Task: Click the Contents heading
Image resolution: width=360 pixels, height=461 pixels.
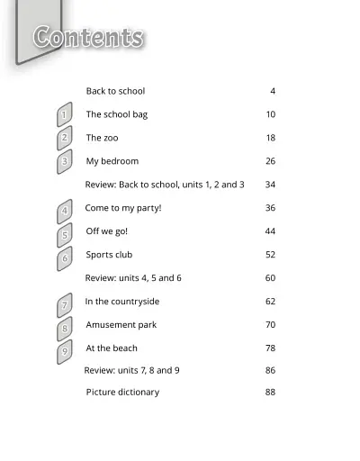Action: click(88, 38)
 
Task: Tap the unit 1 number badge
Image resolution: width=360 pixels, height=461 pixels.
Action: click(64, 115)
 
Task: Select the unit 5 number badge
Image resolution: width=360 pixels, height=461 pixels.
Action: click(65, 236)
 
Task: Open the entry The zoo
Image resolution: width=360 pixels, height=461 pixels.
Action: click(102, 138)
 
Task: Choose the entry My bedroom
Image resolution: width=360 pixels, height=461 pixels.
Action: click(112, 161)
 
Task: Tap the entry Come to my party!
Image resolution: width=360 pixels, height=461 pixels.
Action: click(123, 208)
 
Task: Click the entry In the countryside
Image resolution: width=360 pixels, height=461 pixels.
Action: click(122, 302)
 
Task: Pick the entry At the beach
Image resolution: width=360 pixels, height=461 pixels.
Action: click(112, 348)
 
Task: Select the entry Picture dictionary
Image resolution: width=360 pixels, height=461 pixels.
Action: click(122, 392)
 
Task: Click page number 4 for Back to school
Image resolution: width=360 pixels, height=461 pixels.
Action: click(273, 91)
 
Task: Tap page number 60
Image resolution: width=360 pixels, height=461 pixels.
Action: click(270, 278)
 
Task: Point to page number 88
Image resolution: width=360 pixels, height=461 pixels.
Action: click(270, 392)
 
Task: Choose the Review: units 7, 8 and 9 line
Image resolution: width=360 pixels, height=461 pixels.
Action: click(131, 370)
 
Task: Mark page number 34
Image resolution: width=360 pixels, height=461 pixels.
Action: click(270, 185)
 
